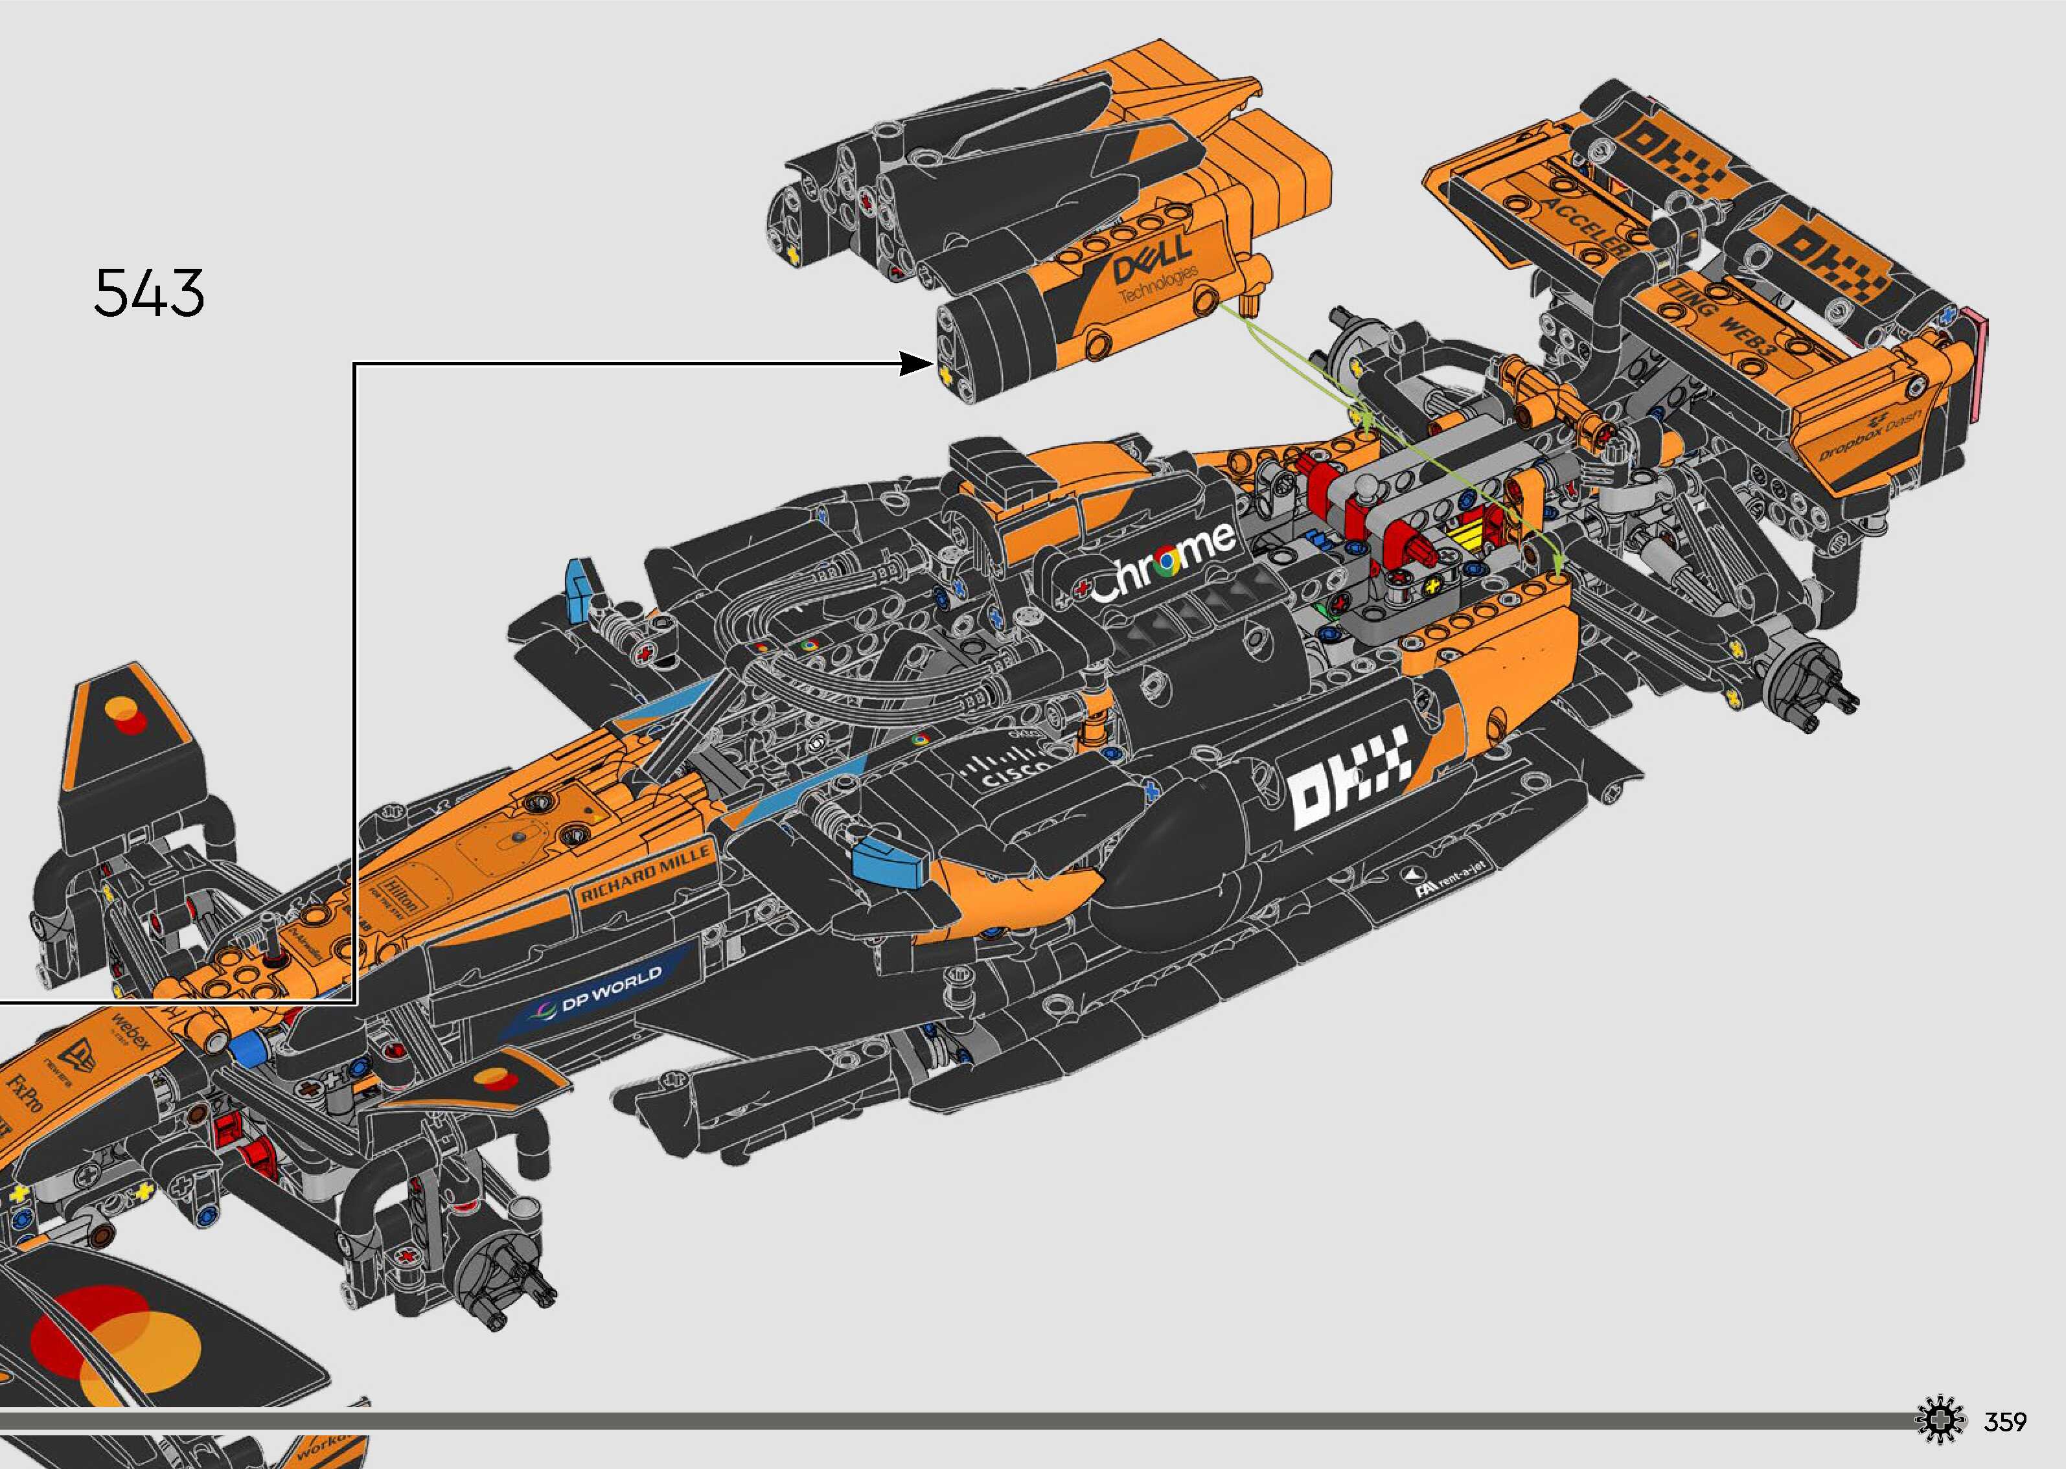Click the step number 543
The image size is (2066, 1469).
coord(149,293)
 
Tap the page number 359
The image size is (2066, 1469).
coord(2004,1422)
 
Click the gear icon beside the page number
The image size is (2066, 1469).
coord(1941,1421)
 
